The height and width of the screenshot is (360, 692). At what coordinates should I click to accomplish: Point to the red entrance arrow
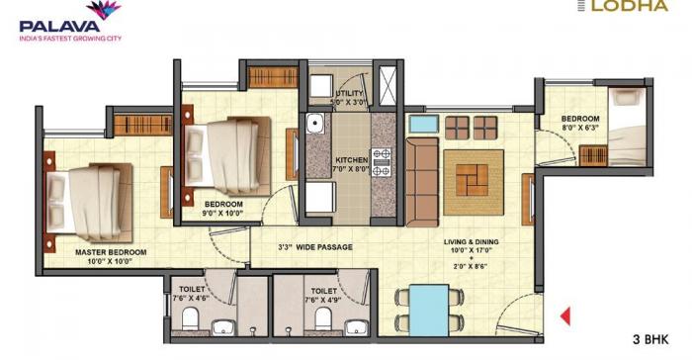[x=567, y=317]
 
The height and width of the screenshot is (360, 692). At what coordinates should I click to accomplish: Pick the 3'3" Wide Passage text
[x=315, y=246]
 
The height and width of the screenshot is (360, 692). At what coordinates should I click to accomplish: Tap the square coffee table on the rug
[x=474, y=179]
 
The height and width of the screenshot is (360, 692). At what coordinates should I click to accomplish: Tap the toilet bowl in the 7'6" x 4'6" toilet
[x=191, y=316]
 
